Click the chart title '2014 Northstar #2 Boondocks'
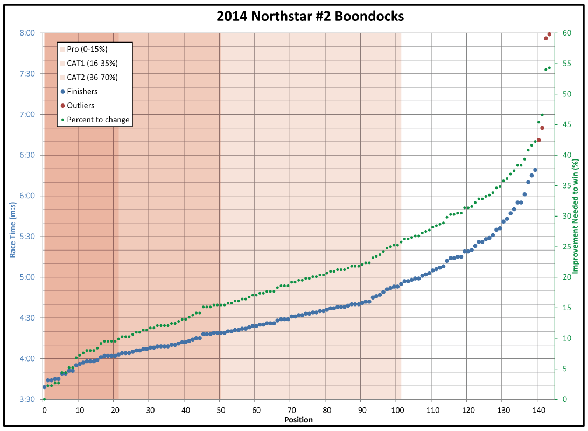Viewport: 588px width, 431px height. (310, 17)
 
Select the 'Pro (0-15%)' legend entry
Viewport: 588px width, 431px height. (91, 50)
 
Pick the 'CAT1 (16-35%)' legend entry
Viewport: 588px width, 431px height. (93, 64)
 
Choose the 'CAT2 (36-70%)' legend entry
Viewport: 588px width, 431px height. (93, 78)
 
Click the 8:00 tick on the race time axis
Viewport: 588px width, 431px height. (27, 33)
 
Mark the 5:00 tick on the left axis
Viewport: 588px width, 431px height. (27, 277)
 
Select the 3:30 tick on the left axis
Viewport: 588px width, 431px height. (27, 399)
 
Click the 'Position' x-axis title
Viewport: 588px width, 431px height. (298, 420)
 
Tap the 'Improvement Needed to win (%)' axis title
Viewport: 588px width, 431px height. (575, 215)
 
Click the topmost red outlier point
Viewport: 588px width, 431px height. (549, 34)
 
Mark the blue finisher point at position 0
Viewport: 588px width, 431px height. (44, 387)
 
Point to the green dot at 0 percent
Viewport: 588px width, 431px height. (44, 399)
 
